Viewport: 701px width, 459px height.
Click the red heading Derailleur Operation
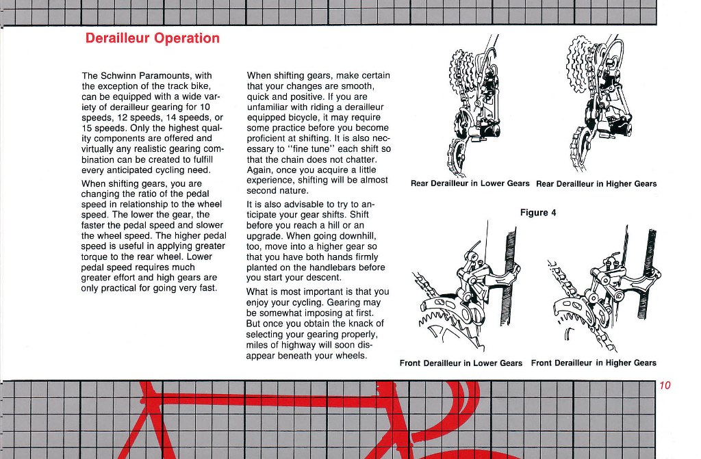click(153, 38)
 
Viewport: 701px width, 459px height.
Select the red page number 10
click(665, 386)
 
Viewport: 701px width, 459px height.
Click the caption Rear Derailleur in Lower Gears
click(470, 183)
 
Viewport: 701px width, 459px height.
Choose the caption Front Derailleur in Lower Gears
click(461, 363)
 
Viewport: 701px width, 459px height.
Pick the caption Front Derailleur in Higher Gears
click(593, 363)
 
